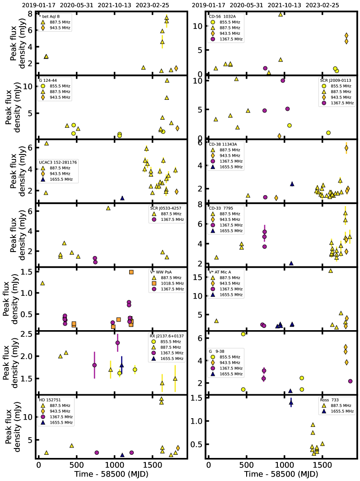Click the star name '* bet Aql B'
point(49,16)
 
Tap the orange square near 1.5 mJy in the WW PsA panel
point(131,272)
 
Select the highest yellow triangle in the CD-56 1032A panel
point(281,14)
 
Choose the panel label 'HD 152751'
point(50,400)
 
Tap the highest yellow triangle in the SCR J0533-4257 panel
point(108,208)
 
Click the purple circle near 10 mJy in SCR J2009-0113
point(283,80)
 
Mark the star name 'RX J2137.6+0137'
point(167,336)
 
